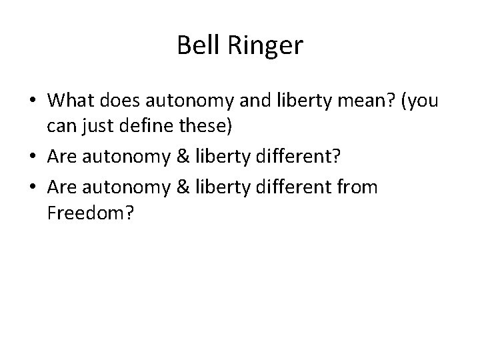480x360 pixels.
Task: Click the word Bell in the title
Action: (194, 45)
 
